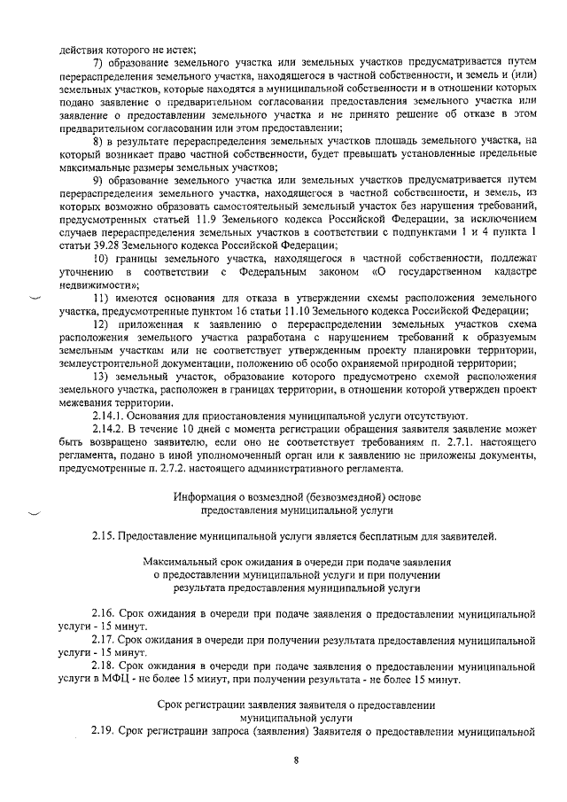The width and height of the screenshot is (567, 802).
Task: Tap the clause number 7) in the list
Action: (98, 61)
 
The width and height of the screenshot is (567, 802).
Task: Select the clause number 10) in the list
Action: (101, 257)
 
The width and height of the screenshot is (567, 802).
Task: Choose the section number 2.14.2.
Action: (111, 429)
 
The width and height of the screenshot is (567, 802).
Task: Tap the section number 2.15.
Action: (105, 535)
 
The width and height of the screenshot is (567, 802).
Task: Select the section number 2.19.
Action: (105, 730)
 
